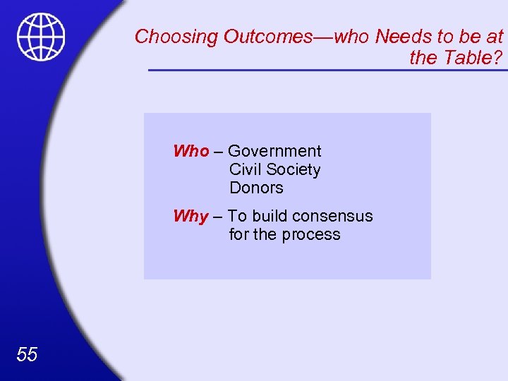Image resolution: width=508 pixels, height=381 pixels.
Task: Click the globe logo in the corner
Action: [x=41, y=37]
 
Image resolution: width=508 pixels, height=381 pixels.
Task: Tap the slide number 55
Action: [x=26, y=354]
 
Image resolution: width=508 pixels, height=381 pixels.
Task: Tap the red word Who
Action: [x=191, y=151]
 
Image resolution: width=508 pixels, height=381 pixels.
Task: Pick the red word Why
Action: [x=191, y=216]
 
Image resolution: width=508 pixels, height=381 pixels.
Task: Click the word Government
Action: [x=274, y=151]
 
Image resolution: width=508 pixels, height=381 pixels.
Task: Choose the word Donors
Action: [x=256, y=188]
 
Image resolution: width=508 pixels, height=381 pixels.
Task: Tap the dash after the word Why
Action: [x=218, y=217]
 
